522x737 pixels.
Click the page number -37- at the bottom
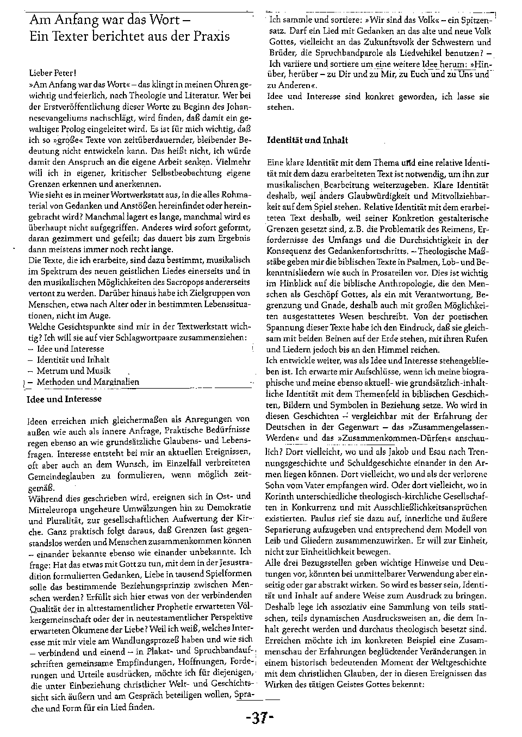coord(260,718)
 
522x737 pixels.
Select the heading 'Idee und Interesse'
coord(64,399)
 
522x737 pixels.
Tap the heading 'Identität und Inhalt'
coord(307,140)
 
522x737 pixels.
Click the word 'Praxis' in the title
coord(208,36)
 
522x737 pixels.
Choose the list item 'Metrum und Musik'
coord(73,371)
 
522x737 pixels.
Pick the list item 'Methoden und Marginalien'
coord(88,382)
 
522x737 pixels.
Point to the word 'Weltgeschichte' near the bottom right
coord(461,663)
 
